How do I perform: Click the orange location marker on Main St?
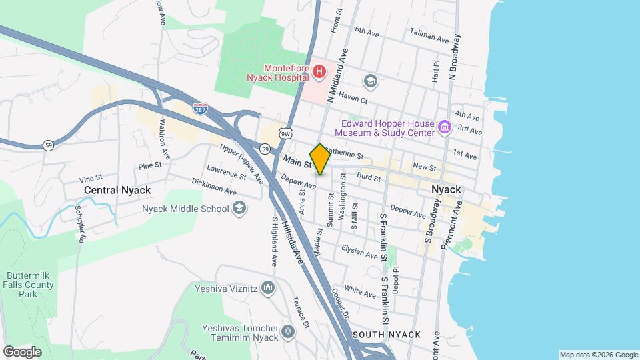tap(320, 159)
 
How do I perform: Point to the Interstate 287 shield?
tap(199, 109)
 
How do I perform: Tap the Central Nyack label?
tap(117, 190)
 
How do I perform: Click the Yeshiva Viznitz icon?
tap(268, 289)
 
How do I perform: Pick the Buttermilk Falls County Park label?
tap(26, 285)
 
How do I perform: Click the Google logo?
tap(22, 351)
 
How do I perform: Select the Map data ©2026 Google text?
tap(598, 355)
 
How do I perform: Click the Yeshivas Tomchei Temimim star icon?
tap(288, 331)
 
